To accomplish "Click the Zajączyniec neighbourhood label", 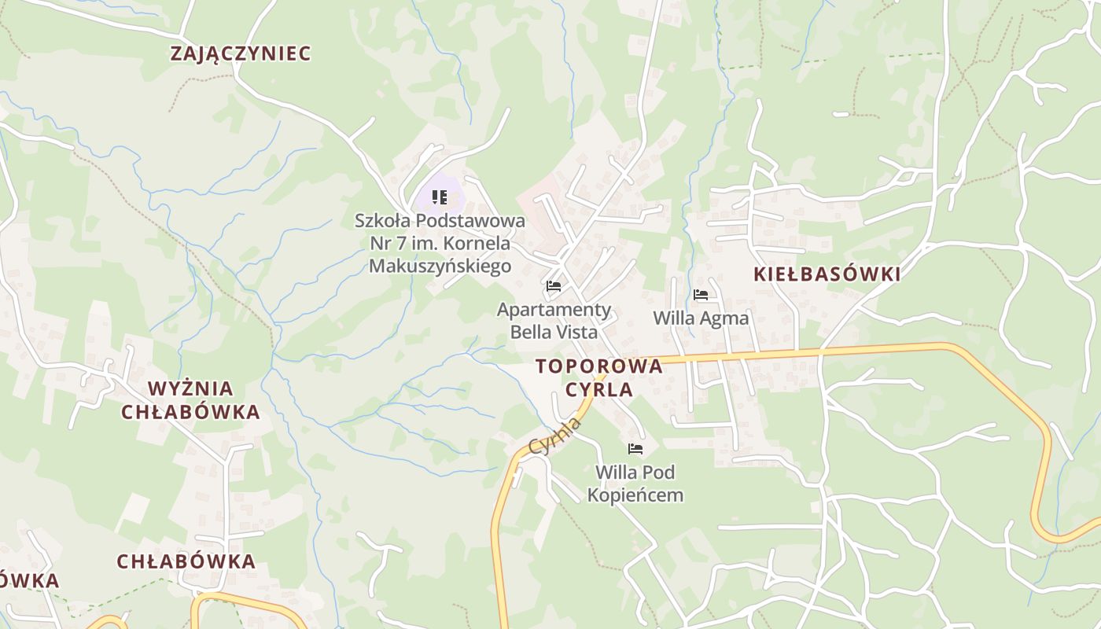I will point(241,53).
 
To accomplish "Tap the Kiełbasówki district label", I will point(827,274).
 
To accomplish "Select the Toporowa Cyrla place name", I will point(599,377).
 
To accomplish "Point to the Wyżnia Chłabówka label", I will point(190,400).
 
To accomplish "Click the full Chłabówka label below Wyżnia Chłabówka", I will point(186,561).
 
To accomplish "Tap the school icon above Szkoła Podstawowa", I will point(440,197).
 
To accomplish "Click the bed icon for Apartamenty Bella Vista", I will point(554,286).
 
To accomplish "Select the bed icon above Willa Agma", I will point(701,295).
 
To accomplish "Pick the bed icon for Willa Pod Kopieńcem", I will point(635,449).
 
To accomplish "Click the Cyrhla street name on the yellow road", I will point(555,436).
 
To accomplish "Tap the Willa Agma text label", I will point(701,318).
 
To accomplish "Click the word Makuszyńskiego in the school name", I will point(440,266).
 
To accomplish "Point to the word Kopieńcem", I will point(635,495).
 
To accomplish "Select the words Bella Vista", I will point(554,332).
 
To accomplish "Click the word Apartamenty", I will point(554,309).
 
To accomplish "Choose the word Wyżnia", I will point(190,388).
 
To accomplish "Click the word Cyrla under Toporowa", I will point(599,389).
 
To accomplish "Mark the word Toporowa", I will point(599,366).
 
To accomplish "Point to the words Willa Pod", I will point(635,473).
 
